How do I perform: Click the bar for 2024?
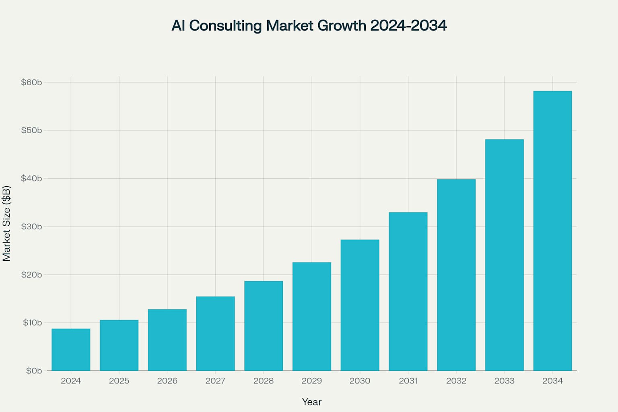tap(71, 350)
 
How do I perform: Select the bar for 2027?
tap(215, 334)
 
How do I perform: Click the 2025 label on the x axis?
tap(119, 381)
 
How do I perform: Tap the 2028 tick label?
tap(264, 381)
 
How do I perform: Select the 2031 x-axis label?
tap(408, 381)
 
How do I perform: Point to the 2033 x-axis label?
tap(504, 381)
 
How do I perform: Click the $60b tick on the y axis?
tap(31, 82)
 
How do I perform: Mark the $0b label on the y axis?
tap(34, 371)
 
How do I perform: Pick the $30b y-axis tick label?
tap(31, 227)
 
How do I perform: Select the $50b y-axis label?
tap(31, 130)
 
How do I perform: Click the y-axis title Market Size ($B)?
tap(6, 224)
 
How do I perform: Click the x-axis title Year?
tap(312, 402)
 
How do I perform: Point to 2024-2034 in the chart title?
tap(408, 26)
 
